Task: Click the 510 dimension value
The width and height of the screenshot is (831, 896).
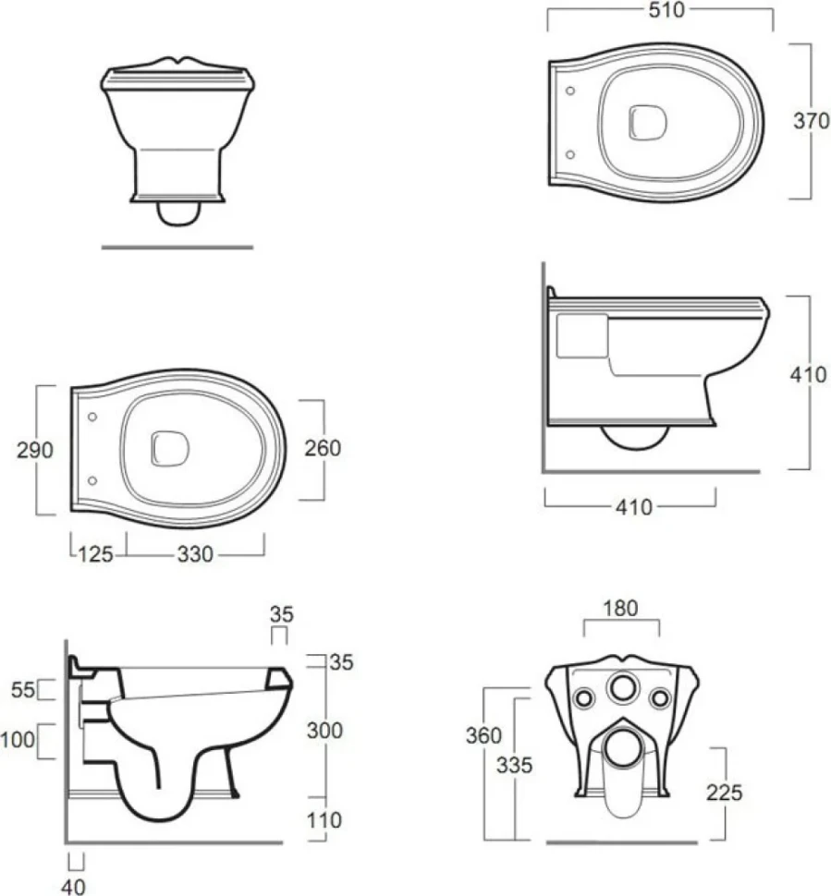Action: click(666, 10)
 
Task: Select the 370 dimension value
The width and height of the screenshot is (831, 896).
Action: click(811, 121)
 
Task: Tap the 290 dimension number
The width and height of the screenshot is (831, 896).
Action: click(35, 450)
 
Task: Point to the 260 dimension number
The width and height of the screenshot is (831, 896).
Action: click(323, 449)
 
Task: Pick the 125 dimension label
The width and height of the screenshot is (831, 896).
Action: click(95, 555)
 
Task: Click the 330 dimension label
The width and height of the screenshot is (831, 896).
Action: click(195, 554)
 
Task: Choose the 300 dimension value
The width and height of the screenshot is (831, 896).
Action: click(324, 731)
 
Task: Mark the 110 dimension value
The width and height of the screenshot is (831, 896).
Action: click(324, 820)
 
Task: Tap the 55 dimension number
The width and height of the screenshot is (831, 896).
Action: click(23, 690)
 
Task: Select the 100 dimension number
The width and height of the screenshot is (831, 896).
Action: click(18, 740)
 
